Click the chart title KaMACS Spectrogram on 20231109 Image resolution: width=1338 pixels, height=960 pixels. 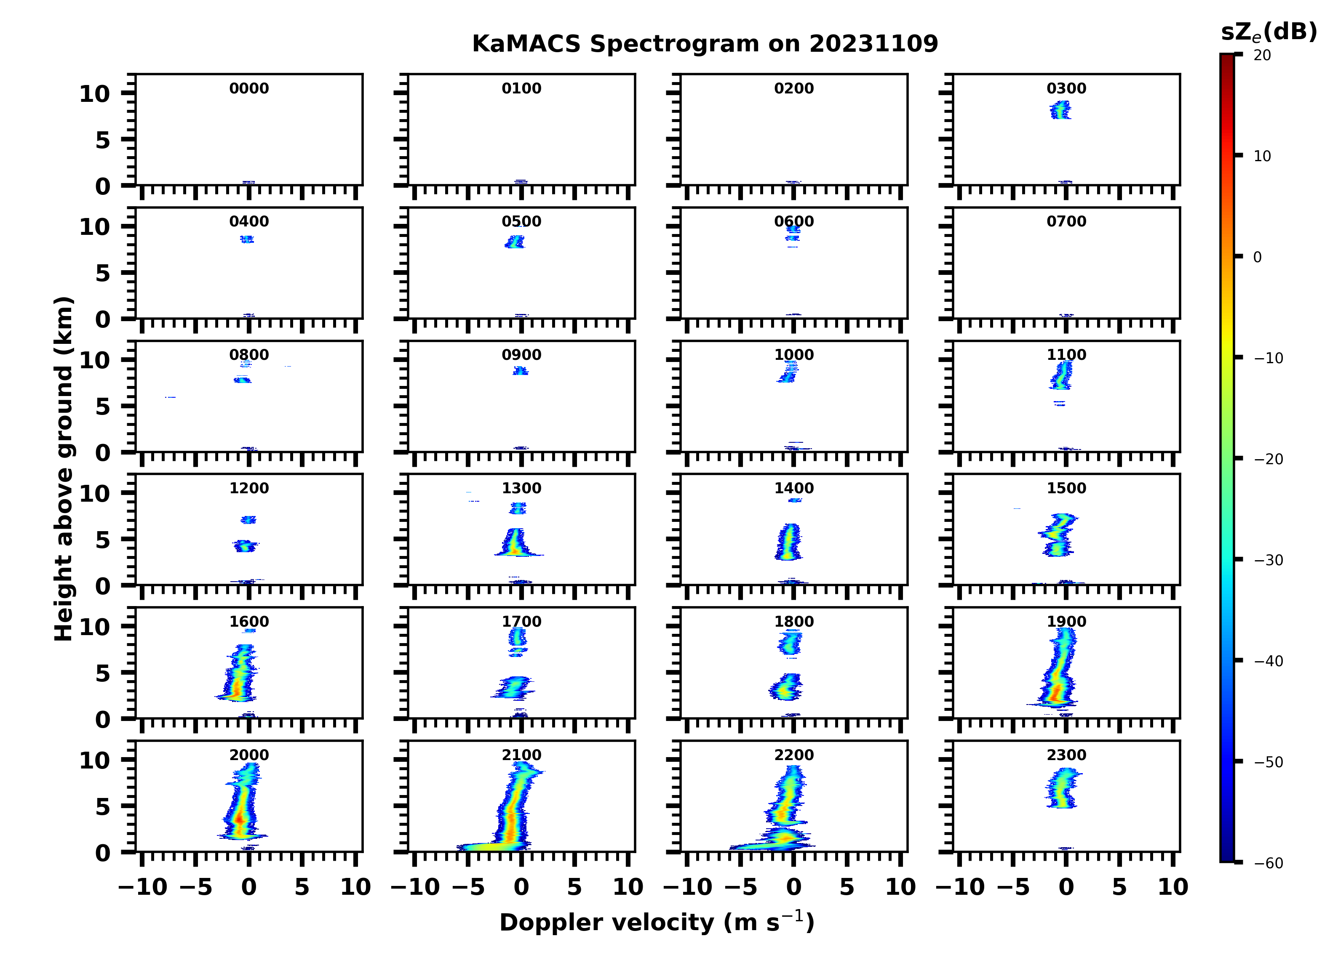[705, 44]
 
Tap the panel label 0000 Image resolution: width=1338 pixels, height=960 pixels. [249, 88]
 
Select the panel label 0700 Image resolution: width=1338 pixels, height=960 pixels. [1066, 222]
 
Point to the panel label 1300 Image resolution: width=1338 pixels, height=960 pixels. [521, 488]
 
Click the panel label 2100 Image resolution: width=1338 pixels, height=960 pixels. [521, 755]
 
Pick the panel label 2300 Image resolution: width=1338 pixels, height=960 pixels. [1066, 755]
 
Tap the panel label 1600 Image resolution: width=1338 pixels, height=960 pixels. [249, 622]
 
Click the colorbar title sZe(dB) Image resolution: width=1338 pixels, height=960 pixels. [1269, 32]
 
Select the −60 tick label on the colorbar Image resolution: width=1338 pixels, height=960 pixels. [1269, 863]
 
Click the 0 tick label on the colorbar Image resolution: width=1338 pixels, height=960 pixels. [1257, 257]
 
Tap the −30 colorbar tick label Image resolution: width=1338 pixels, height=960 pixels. [1269, 560]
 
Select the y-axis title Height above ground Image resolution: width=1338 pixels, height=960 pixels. [64, 469]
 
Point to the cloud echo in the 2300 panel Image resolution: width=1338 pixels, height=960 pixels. [1063, 790]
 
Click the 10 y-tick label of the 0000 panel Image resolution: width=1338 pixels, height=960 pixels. [94, 94]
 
